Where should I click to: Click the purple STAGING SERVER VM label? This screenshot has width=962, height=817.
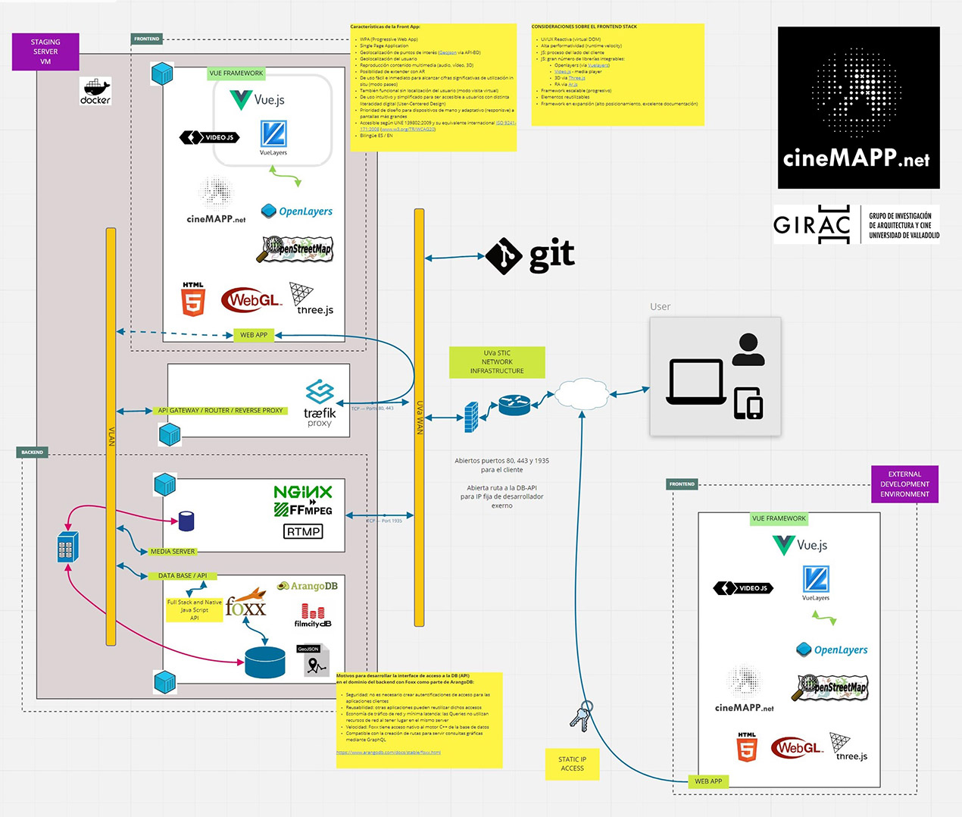[45, 52]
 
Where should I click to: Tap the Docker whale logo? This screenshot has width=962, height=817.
[95, 91]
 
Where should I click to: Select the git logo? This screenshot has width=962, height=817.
[530, 256]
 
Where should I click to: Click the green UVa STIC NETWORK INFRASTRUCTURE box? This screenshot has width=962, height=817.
[497, 362]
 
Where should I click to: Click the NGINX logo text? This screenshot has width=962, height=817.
[303, 492]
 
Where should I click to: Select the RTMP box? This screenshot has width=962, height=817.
[303, 531]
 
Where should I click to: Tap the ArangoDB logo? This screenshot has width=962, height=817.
[308, 586]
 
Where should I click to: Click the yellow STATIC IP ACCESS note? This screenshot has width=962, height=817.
[572, 764]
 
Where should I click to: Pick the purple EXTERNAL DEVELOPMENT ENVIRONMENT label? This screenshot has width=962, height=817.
[904, 484]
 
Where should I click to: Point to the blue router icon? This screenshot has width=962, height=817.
[514, 405]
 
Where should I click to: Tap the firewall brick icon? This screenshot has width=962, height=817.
[471, 417]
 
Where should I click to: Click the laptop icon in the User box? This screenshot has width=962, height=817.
[696, 382]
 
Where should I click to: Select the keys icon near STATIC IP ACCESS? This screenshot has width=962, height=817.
[580, 716]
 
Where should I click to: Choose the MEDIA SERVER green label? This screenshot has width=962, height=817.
[173, 552]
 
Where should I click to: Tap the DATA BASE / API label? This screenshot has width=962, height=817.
[182, 576]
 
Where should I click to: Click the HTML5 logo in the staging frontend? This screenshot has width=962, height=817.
[193, 299]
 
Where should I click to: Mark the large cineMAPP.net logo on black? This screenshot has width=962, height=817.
[858, 108]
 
